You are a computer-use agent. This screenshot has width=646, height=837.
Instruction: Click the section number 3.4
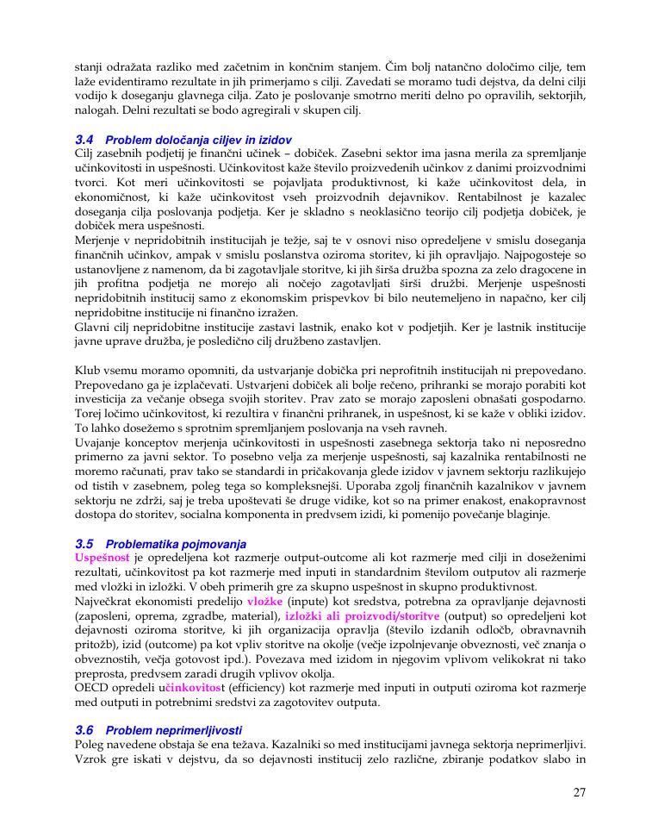[x=84, y=139]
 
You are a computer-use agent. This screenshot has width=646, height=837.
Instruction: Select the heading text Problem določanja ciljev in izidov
[x=198, y=139]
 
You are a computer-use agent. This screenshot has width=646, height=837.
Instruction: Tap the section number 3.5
[x=84, y=544]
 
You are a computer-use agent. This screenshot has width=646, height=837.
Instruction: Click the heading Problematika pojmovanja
[x=175, y=544]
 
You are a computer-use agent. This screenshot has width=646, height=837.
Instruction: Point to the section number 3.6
[x=84, y=729]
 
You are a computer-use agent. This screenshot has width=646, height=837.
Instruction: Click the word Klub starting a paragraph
[x=89, y=370]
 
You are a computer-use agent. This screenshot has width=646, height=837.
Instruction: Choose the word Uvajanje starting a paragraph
[x=99, y=442]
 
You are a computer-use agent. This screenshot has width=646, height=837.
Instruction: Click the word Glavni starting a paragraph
[x=93, y=327]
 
